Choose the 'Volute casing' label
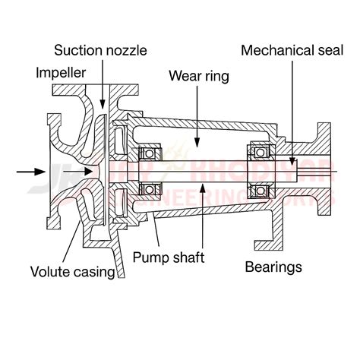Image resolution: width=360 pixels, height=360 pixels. [x=73, y=271]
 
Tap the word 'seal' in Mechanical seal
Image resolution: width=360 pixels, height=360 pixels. [x=324, y=51]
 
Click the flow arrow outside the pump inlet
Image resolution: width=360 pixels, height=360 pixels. [x=30, y=172]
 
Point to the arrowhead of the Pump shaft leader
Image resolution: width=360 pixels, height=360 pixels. [x=200, y=184]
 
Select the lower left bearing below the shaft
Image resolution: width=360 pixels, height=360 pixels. [x=150, y=188]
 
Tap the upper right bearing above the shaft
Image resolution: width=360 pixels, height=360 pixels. [x=259, y=152]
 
